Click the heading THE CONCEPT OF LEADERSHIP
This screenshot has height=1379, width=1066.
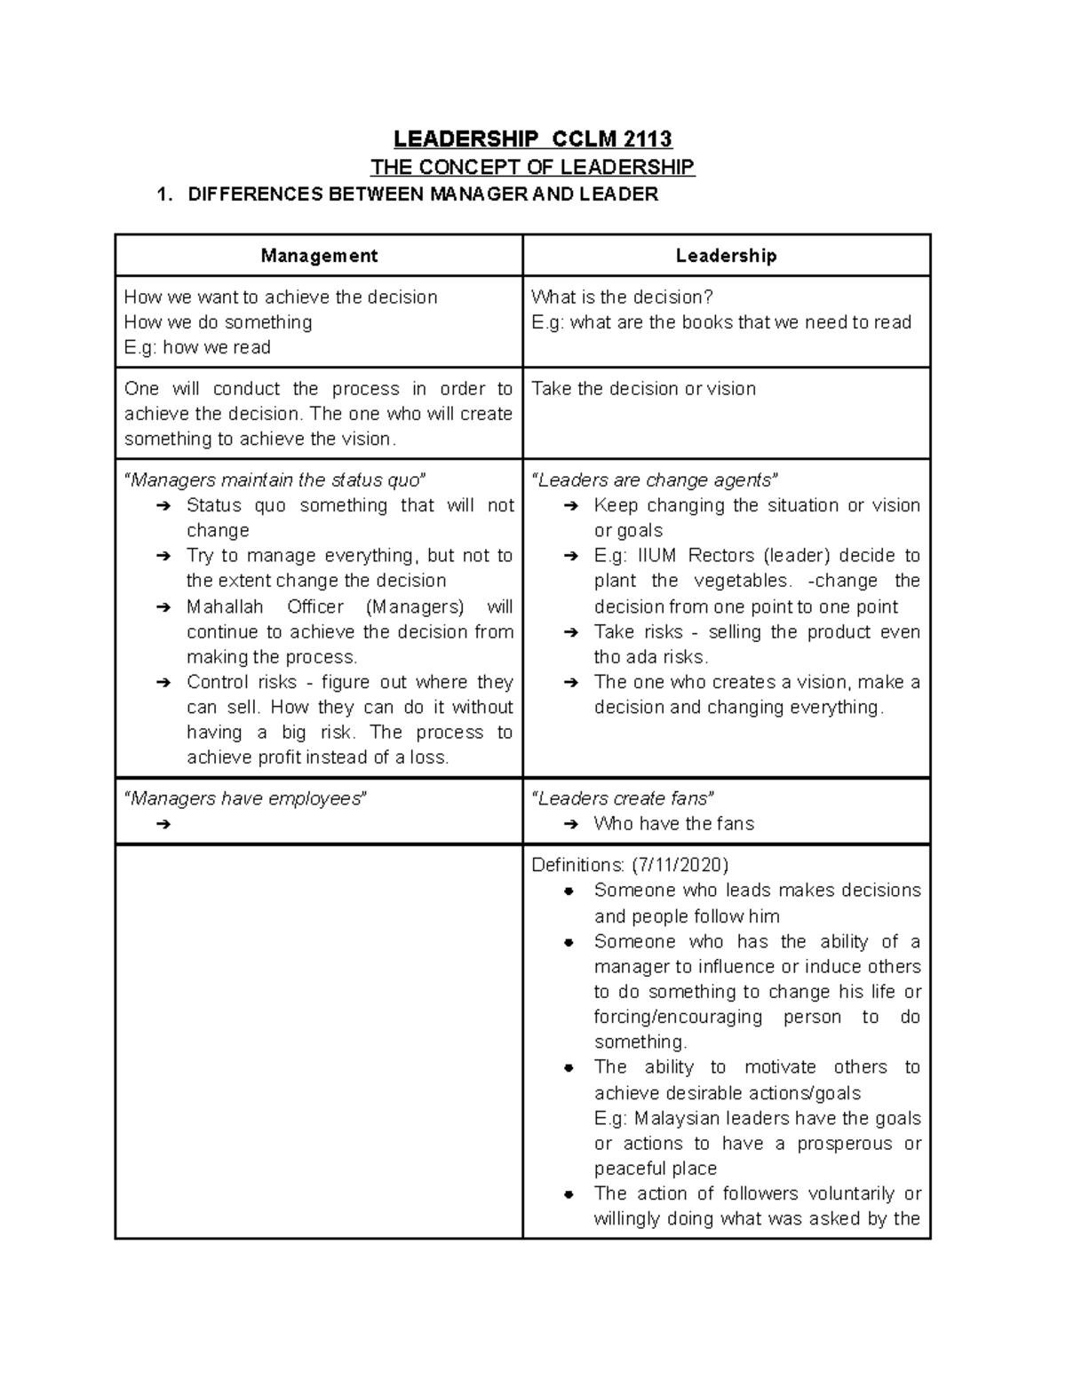[532, 167]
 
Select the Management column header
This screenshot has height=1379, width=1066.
[319, 256]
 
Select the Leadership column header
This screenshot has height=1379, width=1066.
[726, 256]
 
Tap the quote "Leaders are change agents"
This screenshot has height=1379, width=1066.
[655, 480]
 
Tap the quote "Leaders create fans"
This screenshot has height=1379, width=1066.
[623, 798]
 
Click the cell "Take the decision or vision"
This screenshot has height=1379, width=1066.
[643, 389]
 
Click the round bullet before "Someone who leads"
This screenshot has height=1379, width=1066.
[569, 891]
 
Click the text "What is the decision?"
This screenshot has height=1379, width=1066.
[622, 297]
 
